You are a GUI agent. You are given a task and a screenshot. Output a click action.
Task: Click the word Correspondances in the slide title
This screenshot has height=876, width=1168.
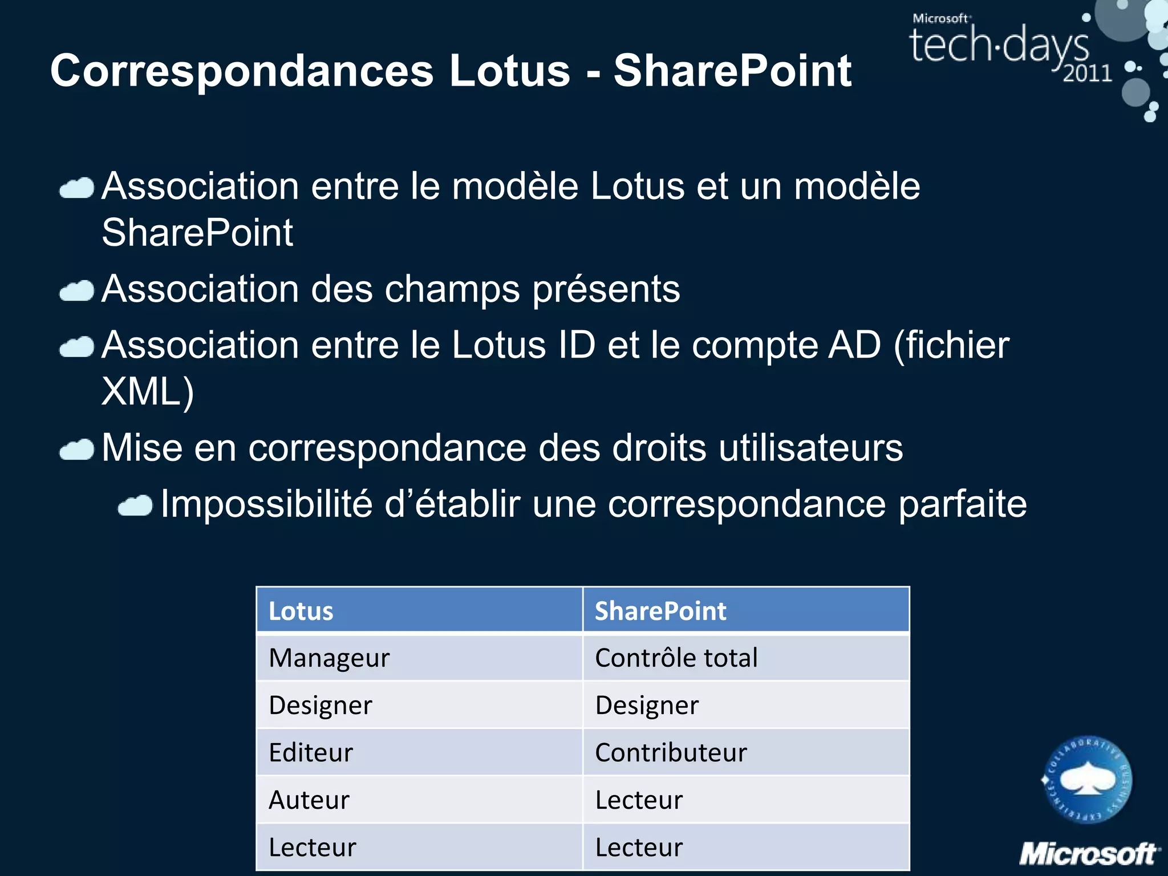coord(242,71)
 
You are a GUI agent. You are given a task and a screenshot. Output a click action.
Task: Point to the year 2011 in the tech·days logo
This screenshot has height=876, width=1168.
coord(1087,74)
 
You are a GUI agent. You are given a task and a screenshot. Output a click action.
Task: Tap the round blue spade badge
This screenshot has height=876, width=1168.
coord(1087,779)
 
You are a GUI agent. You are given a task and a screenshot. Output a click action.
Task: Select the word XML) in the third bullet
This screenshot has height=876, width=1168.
coord(148,392)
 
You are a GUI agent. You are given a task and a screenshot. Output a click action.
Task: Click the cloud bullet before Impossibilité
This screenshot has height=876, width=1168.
coord(135,505)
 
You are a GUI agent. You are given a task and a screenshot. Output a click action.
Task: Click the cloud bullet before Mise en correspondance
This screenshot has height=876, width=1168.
coord(77,449)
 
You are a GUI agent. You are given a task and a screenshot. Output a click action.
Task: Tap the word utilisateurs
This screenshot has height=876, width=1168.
coord(810,448)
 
